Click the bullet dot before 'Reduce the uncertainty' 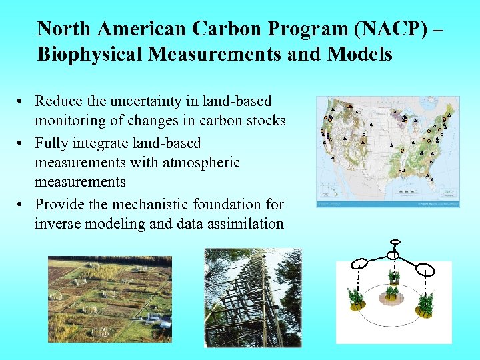(22, 102)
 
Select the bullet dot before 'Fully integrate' (22, 143)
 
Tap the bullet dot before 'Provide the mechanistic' (22, 205)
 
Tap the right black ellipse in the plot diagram (426, 271)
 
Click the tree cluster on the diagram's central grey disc (394, 285)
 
